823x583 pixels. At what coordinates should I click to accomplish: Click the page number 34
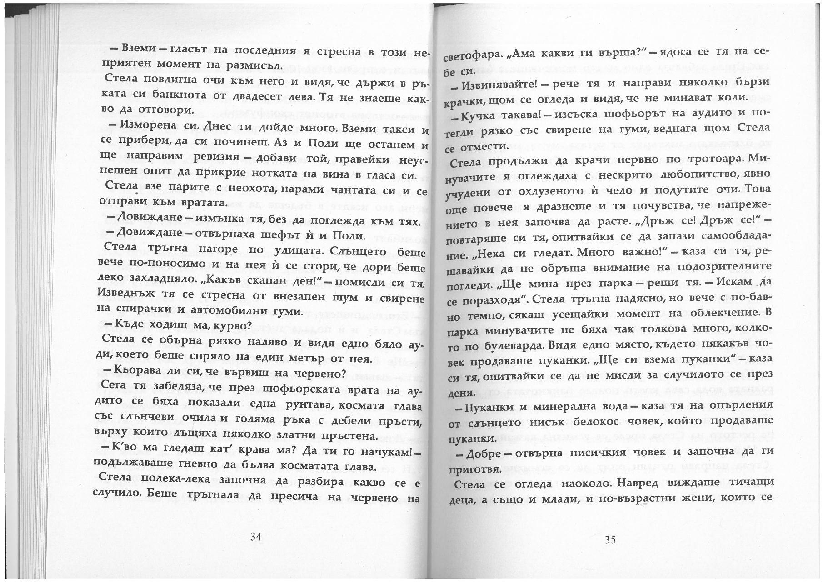[256, 537]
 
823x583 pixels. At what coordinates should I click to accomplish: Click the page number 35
[610, 539]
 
